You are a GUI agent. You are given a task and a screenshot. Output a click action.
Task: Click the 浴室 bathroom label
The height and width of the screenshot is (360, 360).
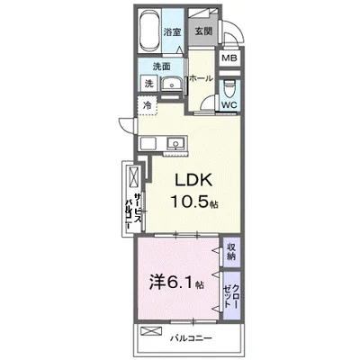pyautogui.click(x=172, y=31)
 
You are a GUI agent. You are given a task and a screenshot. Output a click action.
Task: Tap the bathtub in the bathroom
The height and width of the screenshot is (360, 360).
pyautogui.click(x=150, y=31)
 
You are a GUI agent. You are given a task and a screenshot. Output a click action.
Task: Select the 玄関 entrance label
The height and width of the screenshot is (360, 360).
pyautogui.click(x=203, y=31)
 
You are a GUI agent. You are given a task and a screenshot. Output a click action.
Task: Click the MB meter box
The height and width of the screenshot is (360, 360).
pyautogui.click(x=229, y=58)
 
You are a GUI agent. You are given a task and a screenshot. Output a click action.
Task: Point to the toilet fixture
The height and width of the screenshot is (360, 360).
pyautogui.click(x=229, y=88)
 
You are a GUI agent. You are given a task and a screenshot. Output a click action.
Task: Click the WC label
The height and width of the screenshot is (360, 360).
pyautogui.click(x=229, y=105)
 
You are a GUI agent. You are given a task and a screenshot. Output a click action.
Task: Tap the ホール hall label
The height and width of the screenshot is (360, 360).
pyautogui.click(x=201, y=78)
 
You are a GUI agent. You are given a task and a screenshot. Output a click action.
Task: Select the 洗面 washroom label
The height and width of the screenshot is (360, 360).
pyautogui.click(x=162, y=67)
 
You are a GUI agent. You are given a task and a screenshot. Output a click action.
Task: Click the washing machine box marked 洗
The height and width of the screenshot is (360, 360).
pyautogui.click(x=149, y=83)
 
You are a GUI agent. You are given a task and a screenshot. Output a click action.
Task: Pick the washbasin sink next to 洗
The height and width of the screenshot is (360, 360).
pyautogui.click(x=172, y=84)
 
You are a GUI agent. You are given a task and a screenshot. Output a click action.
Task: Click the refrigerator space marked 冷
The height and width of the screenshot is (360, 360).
pyautogui.click(x=148, y=105)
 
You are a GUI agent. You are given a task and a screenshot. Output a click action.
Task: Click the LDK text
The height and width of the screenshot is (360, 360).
pyautogui.click(x=193, y=180)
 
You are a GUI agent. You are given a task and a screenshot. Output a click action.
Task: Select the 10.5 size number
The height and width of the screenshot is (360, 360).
pyautogui.click(x=190, y=201)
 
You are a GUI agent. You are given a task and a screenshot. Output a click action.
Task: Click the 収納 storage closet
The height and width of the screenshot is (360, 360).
pyautogui.click(x=231, y=252)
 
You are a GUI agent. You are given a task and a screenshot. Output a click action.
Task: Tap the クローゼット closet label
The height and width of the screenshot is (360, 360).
pyautogui.click(x=231, y=296)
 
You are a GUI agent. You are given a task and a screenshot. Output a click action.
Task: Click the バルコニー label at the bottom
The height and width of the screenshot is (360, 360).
pyautogui.click(x=192, y=338)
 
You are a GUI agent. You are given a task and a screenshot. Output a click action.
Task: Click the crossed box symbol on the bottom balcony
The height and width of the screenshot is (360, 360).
pyautogui.click(x=151, y=331)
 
